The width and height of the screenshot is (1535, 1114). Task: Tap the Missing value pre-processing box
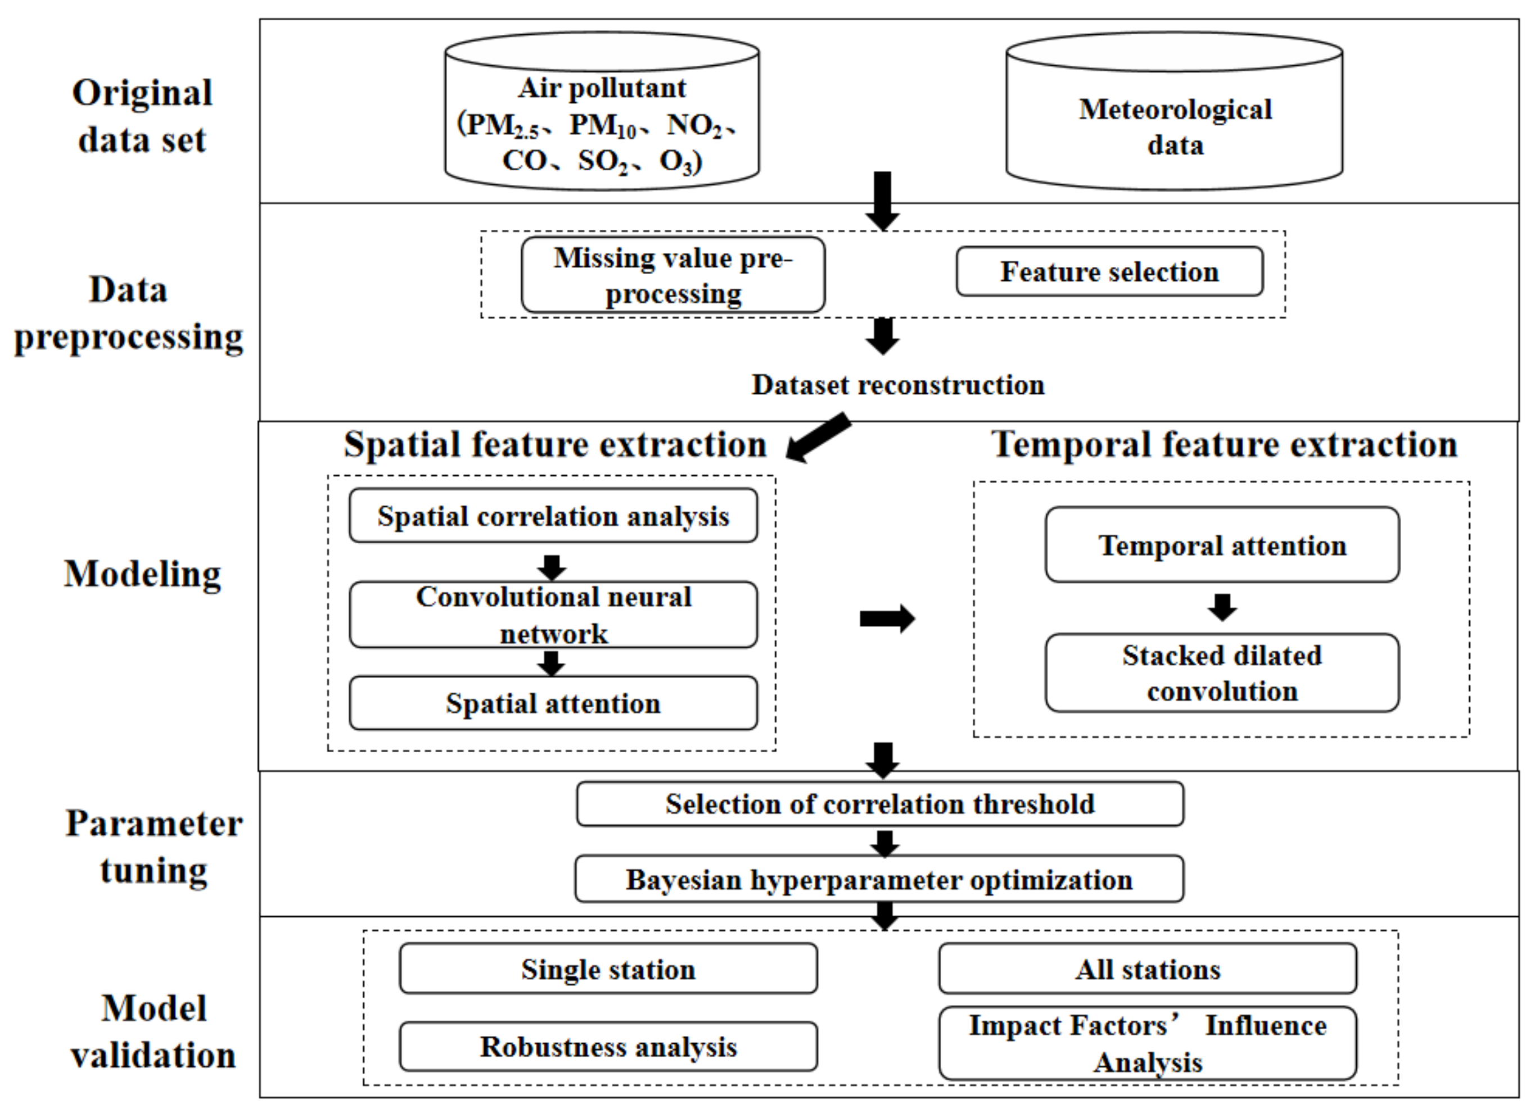point(672,275)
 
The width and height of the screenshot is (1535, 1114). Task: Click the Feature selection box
point(1109,271)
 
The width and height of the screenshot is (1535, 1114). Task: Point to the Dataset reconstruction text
point(897,385)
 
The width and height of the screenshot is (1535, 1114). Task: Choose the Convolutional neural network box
point(553,614)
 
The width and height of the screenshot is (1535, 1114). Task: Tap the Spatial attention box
point(553,703)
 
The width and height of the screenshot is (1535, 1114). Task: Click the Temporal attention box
point(1222,544)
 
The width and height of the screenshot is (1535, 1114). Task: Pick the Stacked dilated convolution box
point(1222,672)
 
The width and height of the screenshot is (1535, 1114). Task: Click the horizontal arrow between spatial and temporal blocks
point(887,618)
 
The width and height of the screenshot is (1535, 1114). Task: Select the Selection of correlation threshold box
point(879,803)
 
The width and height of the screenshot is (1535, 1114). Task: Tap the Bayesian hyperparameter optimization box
point(879,879)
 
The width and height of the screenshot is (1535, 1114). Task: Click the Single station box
point(608,969)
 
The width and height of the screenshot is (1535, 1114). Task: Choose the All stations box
point(1147,969)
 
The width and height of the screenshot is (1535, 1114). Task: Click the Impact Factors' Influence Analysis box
point(1147,1043)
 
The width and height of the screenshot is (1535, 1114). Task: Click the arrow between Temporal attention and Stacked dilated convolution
point(1222,607)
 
